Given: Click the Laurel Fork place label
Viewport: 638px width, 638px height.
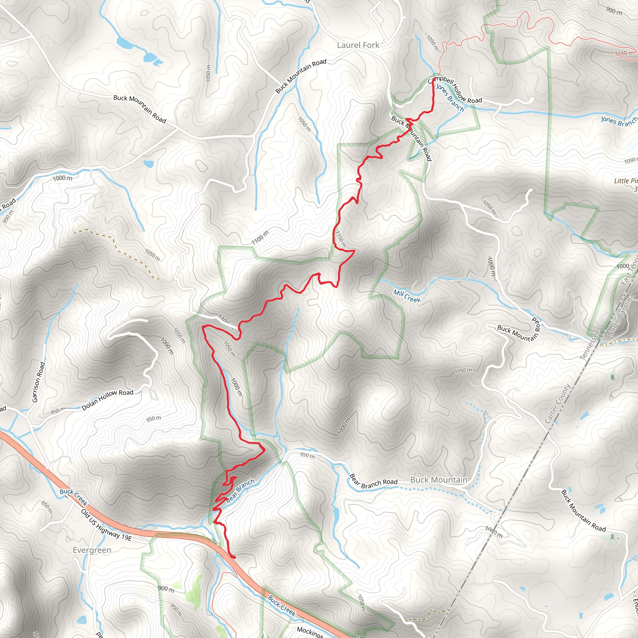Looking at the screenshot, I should point(358,45).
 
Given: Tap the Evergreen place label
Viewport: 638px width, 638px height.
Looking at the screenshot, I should point(92,550).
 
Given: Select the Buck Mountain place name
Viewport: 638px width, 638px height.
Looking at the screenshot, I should point(439,480).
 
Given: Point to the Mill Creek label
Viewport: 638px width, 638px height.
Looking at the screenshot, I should point(407,296).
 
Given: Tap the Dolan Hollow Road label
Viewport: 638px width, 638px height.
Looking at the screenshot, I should point(107,400).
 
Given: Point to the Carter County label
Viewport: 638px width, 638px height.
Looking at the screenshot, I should point(557,404).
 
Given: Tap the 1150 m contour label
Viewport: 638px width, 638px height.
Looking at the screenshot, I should point(341,239).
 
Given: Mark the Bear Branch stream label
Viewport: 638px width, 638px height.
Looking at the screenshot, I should point(240,491).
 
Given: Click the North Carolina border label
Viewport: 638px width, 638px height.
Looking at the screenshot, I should point(621,316).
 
